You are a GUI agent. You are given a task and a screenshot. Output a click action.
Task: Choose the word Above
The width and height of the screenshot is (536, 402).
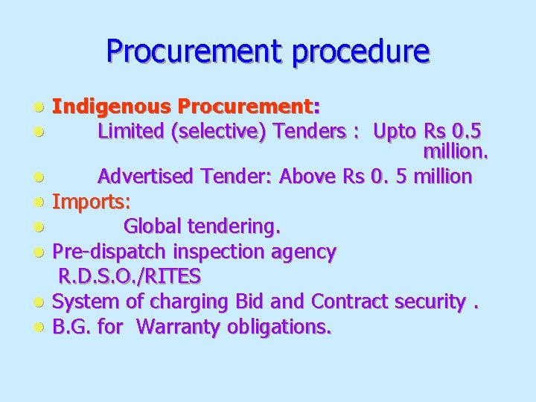310,176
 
